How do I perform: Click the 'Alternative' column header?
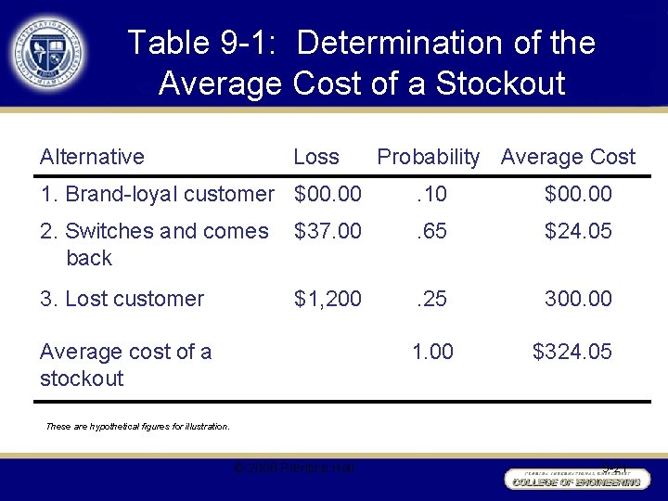coord(92,157)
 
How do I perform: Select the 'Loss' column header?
coord(315,157)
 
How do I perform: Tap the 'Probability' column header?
coord(428,157)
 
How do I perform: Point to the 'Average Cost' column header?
coord(568,157)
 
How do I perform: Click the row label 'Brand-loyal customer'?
coord(157,194)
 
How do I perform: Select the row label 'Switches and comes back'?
coord(153,244)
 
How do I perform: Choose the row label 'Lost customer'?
coord(122,299)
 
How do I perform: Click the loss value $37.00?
coord(328,231)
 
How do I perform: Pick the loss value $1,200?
coord(328,299)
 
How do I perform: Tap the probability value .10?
coord(430,194)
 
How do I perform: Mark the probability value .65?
coord(430,231)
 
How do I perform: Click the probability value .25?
coord(430,299)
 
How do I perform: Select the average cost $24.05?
coord(577,231)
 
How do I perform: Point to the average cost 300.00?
coord(579,299)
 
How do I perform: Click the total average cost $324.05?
coord(572,352)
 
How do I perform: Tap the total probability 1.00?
coord(432,352)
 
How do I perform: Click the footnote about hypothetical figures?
coord(137,427)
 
